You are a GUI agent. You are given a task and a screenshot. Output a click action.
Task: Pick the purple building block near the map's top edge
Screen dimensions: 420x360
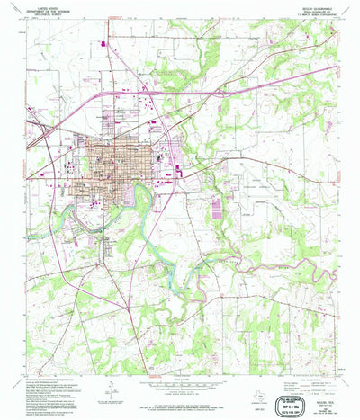point(106,42)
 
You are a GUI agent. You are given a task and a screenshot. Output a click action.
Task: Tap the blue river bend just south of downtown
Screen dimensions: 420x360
point(135,193)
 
